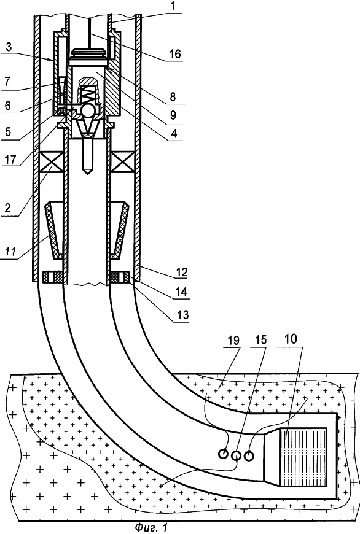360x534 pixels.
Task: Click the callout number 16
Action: (175, 54)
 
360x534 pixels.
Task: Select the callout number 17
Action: (10, 159)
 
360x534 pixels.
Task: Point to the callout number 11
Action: (10, 252)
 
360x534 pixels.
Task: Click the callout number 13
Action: (182, 315)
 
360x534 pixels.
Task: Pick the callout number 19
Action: (233, 340)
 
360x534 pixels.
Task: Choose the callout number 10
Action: (291, 339)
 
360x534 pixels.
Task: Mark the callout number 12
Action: (182, 272)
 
